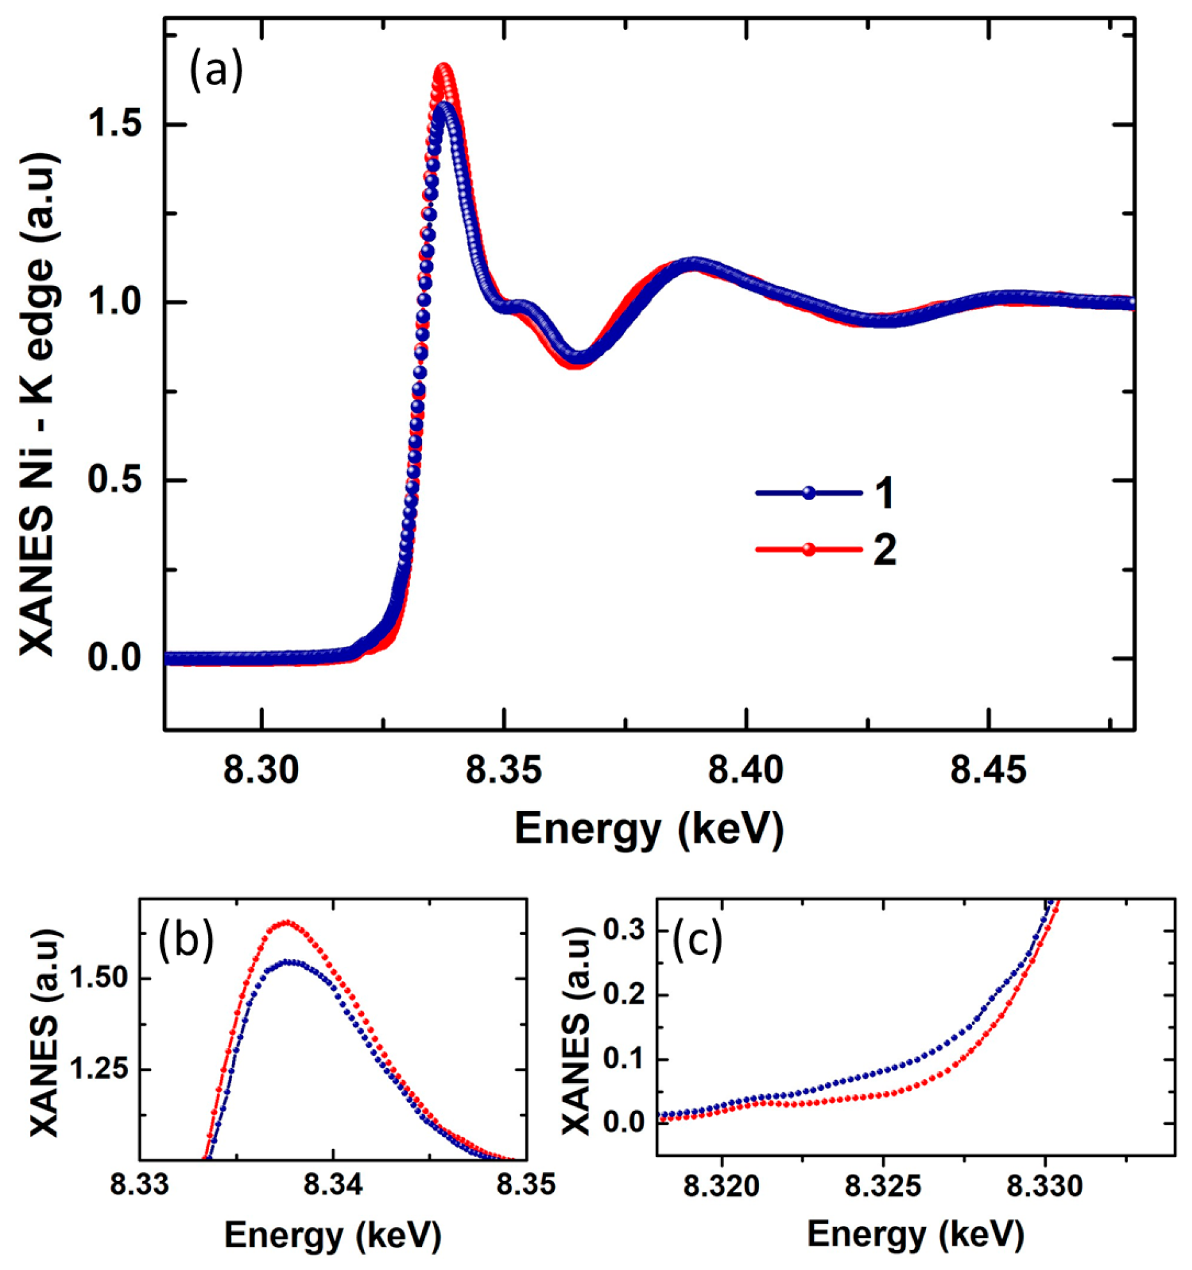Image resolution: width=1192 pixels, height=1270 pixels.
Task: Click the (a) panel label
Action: pos(216,71)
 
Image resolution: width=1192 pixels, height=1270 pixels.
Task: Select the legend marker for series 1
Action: pos(809,493)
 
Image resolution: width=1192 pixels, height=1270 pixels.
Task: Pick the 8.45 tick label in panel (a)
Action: pos(989,772)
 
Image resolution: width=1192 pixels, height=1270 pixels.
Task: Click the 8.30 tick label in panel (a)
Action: pos(262,772)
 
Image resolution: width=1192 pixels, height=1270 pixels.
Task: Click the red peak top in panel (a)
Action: pos(443,67)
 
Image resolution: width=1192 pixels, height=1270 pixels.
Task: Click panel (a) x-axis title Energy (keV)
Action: pos(648,829)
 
